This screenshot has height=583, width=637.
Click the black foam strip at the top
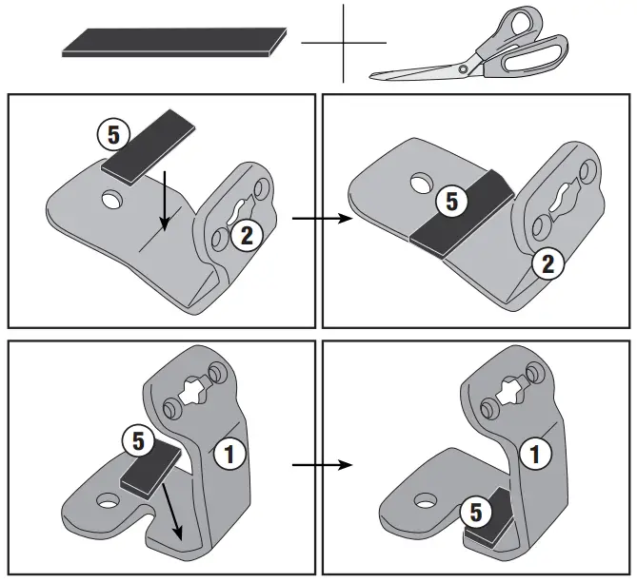click(173, 44)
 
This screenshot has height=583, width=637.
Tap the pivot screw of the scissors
click(464, 68)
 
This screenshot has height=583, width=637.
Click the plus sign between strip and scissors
click(343, 43)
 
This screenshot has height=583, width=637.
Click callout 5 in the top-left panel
click(113, 134)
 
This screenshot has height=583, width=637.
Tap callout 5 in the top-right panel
click(451, 201)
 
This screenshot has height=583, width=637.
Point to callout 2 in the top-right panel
click(547, 265)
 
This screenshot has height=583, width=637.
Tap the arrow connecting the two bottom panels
click(321, 466)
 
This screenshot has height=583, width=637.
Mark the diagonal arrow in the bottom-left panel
click(172, 509)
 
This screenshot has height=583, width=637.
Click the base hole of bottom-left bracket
click(108, 500)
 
